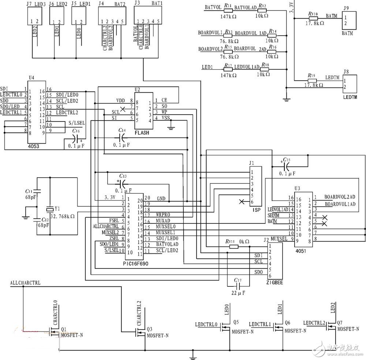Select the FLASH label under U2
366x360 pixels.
coord(142,133)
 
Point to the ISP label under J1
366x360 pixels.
coord(256,211)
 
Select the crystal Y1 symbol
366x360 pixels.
coord(50,209)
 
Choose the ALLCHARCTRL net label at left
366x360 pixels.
coord(26,283)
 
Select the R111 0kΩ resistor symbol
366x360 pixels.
coord(233,246)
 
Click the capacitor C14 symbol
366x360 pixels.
coord(122,137)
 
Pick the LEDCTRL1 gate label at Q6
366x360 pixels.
coord(259,324)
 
